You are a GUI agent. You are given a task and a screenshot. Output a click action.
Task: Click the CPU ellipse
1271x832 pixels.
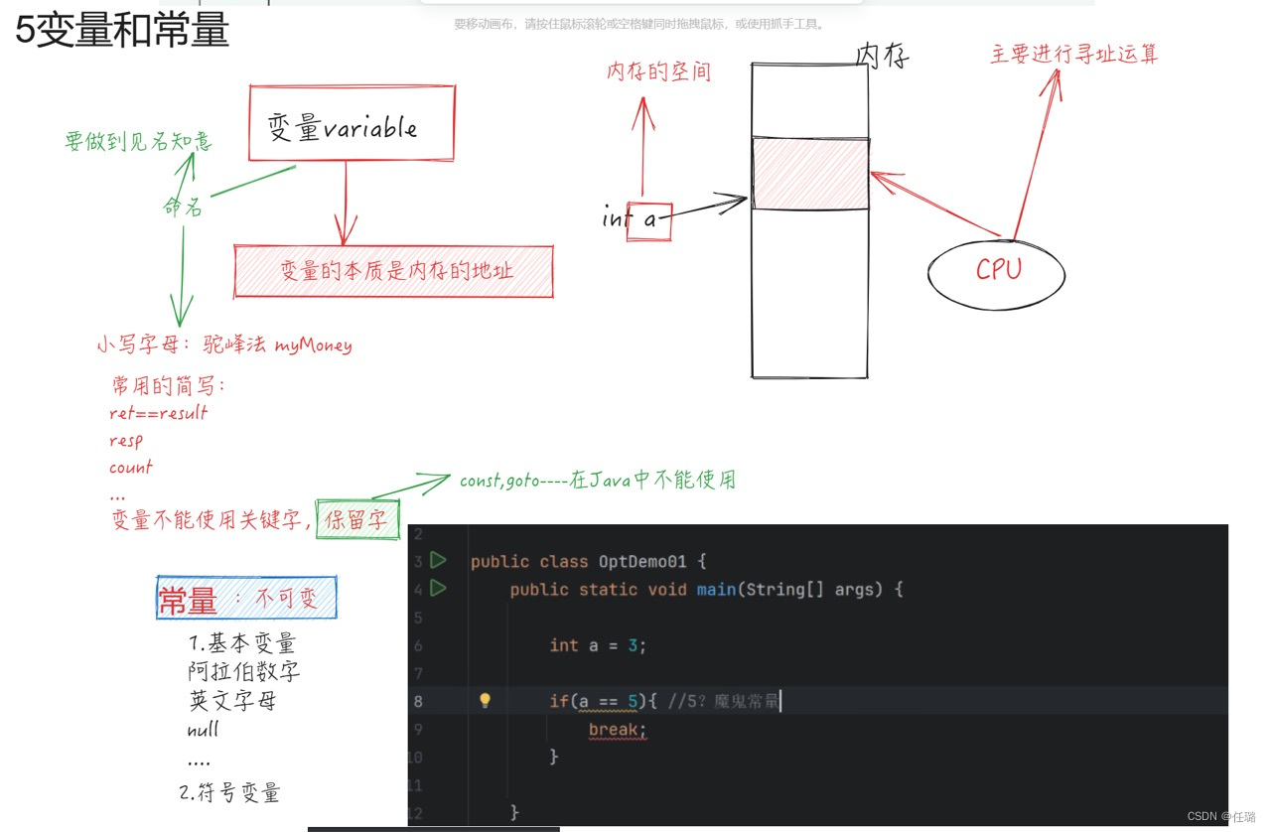coord(997,270)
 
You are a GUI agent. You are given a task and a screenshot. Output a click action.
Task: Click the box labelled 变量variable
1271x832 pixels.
coord(352,123)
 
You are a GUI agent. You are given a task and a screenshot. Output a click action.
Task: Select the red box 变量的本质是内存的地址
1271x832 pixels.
coord(394,271)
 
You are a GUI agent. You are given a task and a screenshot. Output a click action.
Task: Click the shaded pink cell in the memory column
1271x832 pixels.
coord(810,174)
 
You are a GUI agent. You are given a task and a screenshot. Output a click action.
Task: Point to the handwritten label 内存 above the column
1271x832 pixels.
coord(882,57)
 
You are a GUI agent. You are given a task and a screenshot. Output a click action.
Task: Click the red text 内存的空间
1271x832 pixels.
coord(659,71)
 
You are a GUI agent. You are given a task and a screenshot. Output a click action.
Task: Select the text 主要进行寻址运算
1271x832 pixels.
coord(1074,54)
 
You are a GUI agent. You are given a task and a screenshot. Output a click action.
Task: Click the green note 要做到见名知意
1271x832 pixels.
coord(139,142)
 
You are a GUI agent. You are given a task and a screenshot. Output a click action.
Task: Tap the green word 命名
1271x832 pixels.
coord(184,207)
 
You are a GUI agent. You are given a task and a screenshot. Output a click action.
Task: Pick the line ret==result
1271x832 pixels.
coord(159,412)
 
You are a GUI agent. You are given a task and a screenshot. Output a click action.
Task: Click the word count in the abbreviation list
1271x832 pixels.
coord(131,467)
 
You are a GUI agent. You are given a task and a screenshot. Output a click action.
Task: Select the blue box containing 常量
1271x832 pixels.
coord(246,599)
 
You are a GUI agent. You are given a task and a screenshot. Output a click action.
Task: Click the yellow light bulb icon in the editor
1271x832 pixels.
coord(485,701)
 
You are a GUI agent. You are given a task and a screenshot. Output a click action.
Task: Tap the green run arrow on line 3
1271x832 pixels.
coord(438,561)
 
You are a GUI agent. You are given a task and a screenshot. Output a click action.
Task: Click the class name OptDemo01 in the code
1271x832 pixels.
coord(642,561)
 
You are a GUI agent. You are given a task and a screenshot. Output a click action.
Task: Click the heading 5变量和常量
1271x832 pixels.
coord(121,30)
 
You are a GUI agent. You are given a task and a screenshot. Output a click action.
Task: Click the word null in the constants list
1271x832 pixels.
coord(204,730)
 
